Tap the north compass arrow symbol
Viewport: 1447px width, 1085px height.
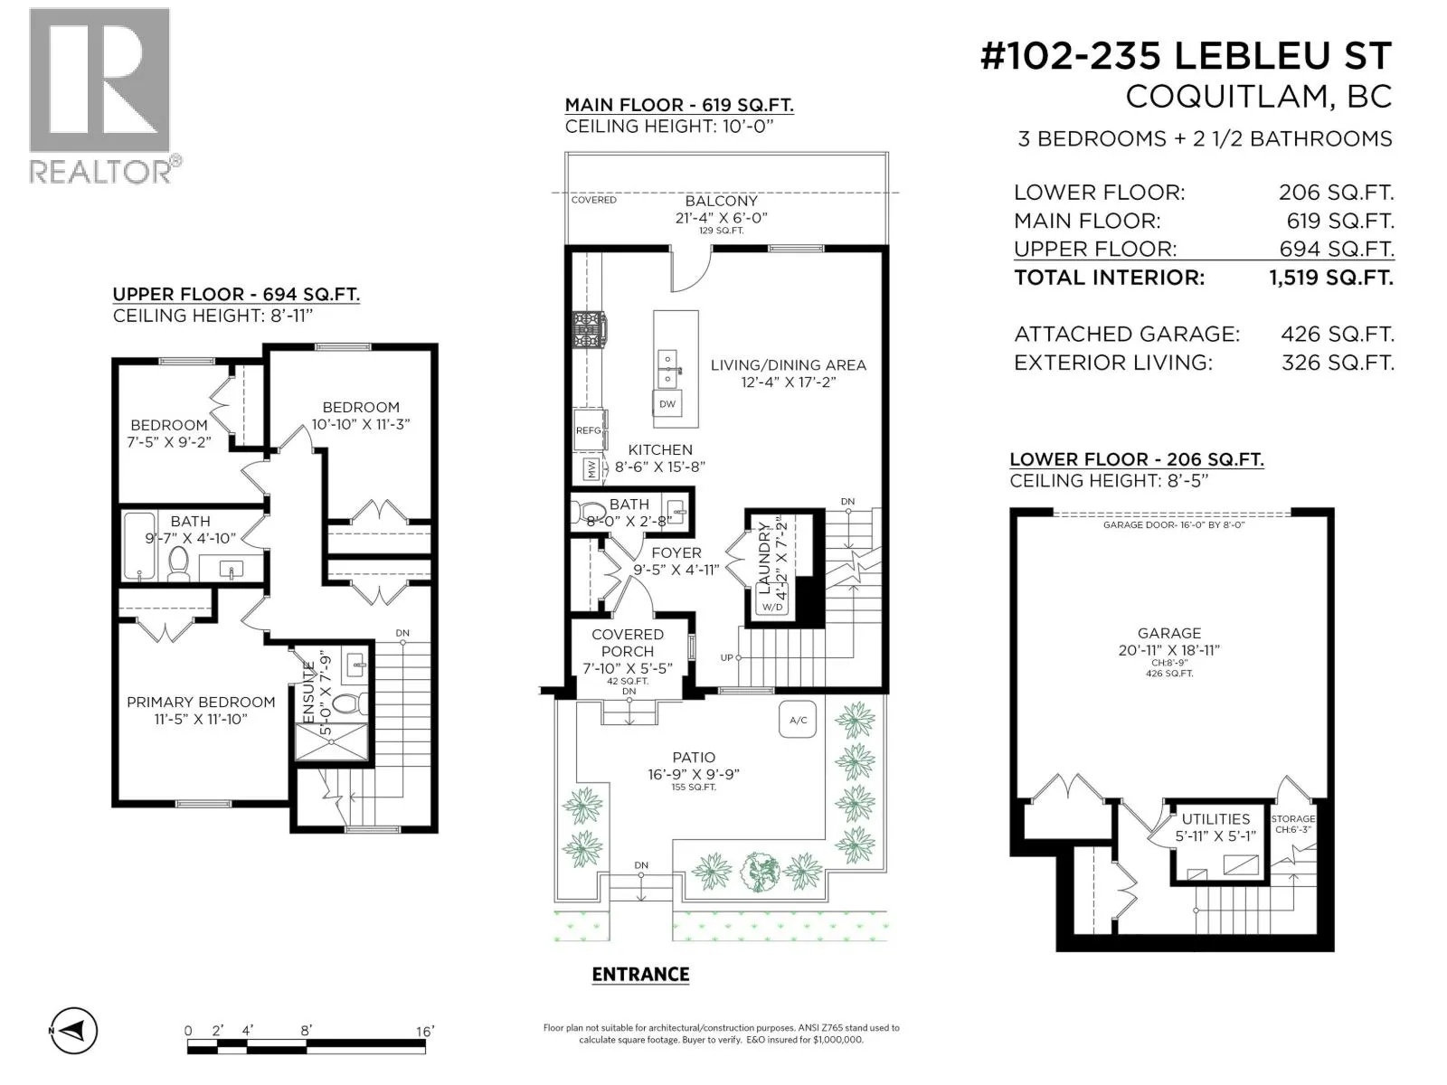(74, 1031)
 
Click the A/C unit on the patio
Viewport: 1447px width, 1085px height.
(798, 720)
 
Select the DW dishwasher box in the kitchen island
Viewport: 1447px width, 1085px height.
(667, 404)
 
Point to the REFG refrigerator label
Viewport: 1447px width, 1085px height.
(588, 430)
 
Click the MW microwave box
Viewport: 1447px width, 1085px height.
(591, 469)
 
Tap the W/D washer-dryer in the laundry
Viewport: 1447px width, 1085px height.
(772, 606)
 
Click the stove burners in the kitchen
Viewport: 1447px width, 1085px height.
(587, 329)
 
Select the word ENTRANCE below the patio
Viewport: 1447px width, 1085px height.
(640, 975)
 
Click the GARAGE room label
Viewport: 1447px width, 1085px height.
(1168, 633)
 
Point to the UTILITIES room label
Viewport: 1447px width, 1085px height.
(1215, 819)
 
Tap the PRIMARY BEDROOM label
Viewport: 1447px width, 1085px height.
(201, 703)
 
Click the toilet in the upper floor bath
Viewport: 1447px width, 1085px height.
(178, 564)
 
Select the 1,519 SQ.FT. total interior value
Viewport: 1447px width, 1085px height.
(1331, 278)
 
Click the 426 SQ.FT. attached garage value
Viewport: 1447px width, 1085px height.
(1338, 335)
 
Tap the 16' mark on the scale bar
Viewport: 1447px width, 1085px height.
(425, 1031)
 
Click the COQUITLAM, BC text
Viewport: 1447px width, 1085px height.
(1259, 98)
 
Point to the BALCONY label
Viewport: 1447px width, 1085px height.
(721, 201)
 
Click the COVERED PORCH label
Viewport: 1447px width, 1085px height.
(627, 643)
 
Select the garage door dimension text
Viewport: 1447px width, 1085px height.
(1173, 525)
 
